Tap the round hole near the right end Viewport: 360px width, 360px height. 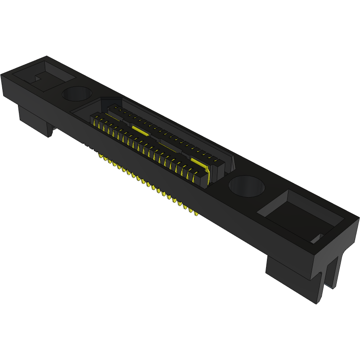coord(246,186)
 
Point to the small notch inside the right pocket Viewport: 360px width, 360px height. coord(317,238)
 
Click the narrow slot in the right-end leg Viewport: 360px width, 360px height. coord(326,277)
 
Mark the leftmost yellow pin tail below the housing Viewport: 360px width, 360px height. coord(99,156)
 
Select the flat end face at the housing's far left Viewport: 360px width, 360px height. coord(9,88)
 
